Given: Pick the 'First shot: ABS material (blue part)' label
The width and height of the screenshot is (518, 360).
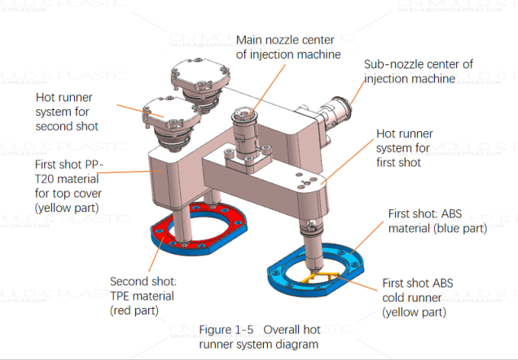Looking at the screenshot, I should click(437, 221).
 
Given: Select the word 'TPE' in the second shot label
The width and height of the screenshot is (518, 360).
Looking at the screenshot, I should click(125, 296).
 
